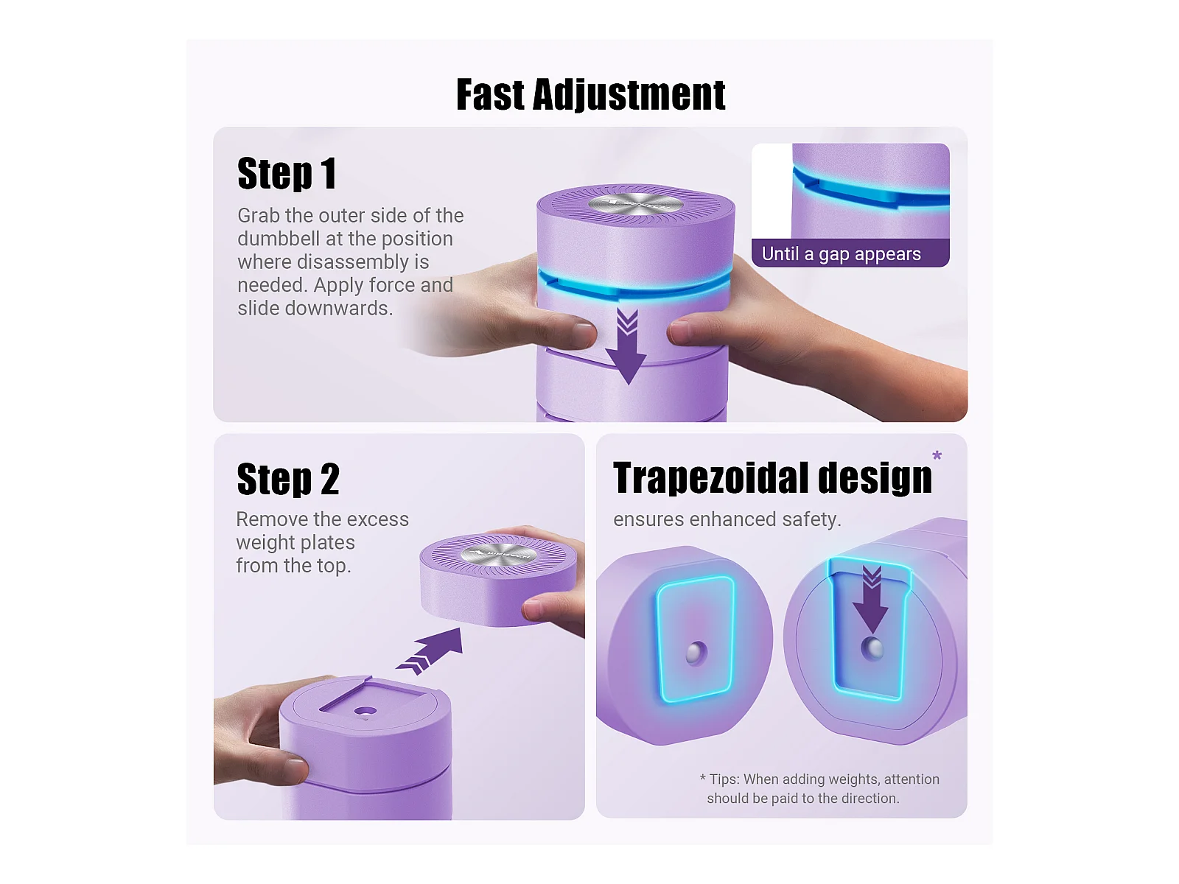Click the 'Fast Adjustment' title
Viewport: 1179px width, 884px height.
coord(590,94)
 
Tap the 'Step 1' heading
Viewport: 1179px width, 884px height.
coord(287,173)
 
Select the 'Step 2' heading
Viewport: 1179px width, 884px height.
coord(288,479)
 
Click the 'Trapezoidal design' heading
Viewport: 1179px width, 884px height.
coord(772,477)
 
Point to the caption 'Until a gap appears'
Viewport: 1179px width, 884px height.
coord(842,253)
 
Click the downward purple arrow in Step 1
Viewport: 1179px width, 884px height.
coord(626,346)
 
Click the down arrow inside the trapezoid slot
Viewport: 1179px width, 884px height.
coord(871,600)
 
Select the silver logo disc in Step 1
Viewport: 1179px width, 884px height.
coord(636,205)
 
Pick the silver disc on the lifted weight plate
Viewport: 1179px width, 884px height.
coord(498,555)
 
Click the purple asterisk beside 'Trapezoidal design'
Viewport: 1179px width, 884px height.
coord(937,456)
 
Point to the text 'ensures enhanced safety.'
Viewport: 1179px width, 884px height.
coord(727,519)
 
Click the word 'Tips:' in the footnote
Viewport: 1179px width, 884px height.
coord(724,779)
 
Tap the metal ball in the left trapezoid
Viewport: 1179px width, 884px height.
coord(696,653)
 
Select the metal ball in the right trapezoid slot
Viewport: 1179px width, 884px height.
coord(872,648)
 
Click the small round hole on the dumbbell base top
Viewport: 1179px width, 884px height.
coord(365,712)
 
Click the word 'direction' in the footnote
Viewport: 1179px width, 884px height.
coord(870,799)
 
